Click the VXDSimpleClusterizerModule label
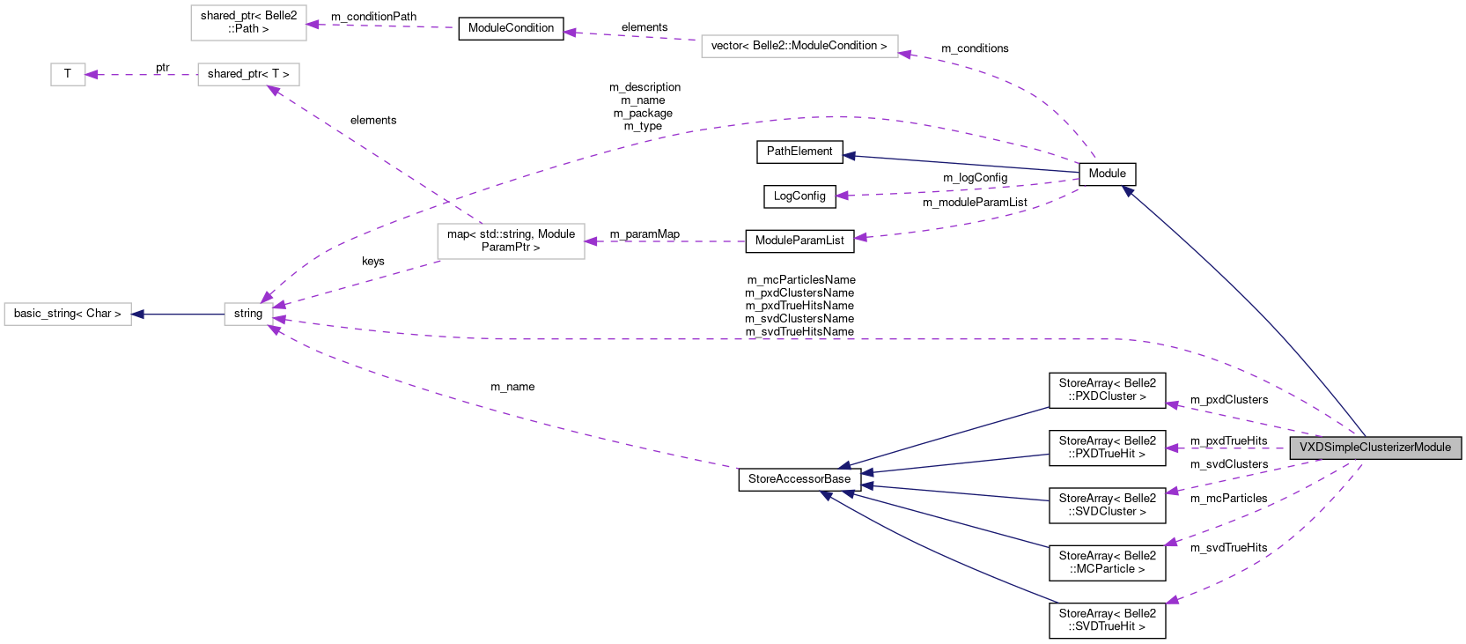click(x=1374, y=448)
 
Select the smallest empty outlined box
click(x=68, y=75)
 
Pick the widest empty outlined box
click(x=799, y=47)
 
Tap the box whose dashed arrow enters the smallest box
click(x=248, y=75)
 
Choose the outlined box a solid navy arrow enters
click(x=68, y=315)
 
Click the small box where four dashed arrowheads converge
click(x=248, y=315)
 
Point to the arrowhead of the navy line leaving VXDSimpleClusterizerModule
click(x=1126, y=190)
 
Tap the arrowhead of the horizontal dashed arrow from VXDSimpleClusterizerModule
click(x=1171, y=448)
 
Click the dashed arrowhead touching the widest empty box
click(x=904, y=55)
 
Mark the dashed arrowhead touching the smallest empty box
click(x=92, y=75)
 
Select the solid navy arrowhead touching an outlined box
click(x=137, y=315)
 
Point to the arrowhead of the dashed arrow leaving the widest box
click(x=569, y=33)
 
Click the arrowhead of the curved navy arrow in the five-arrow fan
click(x=825, y=496)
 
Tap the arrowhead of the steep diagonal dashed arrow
click(x=273, y=89)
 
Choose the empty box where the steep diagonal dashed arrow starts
click(x=511, y=241)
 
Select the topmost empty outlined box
click(x=248, y=23)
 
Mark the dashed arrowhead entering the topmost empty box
click(x=313, y=25)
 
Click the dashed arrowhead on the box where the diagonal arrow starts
click(x=591, y=241)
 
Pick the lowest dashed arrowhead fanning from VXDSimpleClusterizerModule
click(x=1171, y=601)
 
